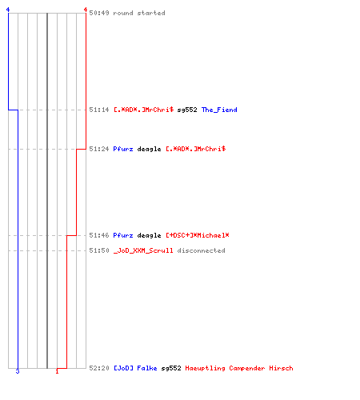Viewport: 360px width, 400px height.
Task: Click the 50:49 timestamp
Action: (99, 13)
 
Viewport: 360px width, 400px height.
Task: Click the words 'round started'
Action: (139, 13)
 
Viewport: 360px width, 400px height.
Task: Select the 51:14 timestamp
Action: (99, 110)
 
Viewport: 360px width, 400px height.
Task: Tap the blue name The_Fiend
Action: (219, 110)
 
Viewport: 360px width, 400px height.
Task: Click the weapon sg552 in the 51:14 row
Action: (187, 110)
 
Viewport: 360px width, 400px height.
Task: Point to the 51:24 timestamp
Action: (99, 149)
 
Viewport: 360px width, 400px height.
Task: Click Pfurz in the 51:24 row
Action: (123, 149)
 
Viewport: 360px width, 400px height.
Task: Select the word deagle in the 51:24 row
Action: (149, 149)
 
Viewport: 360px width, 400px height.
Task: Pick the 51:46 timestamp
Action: (99, 235)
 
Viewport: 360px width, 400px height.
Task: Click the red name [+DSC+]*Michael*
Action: (198, 235)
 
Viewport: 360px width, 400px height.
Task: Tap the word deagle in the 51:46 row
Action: (149, 235)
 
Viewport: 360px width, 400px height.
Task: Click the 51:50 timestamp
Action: (99, 250)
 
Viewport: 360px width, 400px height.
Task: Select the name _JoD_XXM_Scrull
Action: (143, 250)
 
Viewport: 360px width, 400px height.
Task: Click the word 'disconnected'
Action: (201, 250)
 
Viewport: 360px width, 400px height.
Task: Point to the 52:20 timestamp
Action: (99, 368)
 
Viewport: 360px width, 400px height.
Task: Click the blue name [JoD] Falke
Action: (135, 368)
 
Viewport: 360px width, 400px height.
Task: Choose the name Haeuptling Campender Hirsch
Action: (239, 368)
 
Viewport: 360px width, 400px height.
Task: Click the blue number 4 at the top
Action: (8, 10)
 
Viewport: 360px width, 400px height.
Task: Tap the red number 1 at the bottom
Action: (57, 371)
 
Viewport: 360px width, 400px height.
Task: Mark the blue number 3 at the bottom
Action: (18, 371)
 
